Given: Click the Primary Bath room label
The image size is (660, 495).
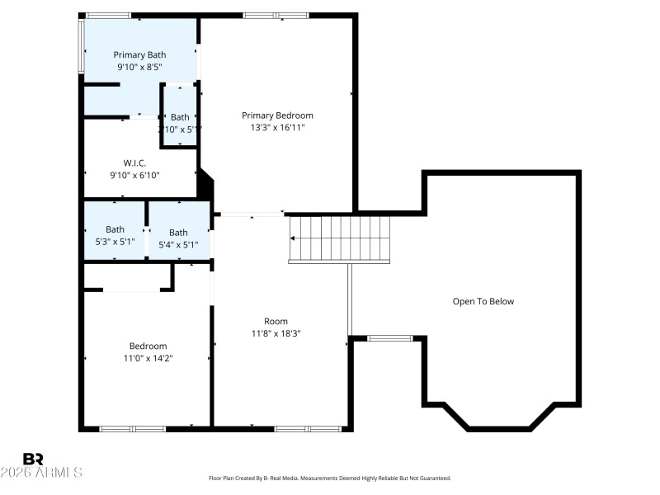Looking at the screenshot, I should pos(139,55).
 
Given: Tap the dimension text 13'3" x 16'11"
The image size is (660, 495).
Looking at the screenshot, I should pos(277,128).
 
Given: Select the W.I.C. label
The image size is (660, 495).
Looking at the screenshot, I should pos(134,163).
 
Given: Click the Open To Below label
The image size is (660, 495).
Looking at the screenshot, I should pos(483,301).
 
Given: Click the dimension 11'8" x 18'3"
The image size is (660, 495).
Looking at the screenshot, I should pos(276,333).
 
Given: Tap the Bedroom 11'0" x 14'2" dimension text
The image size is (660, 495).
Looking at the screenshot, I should pos(148,358).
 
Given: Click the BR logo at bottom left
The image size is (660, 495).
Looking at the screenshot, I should pos(33,459).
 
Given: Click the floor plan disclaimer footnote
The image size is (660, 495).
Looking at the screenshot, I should pos(330,478).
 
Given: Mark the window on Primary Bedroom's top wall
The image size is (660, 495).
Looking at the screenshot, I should pos(276,15).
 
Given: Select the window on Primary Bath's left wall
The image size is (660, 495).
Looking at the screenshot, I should pos(81,46).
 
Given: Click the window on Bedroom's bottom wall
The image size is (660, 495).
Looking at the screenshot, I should pos(132,428).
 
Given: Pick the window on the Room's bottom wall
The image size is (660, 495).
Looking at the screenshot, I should pos(308,428).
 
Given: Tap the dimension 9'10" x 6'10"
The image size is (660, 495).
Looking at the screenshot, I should pos(134,175).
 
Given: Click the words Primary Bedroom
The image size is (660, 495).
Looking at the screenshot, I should pos(277,115).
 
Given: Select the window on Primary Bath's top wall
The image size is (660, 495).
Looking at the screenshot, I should pos(108,15).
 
